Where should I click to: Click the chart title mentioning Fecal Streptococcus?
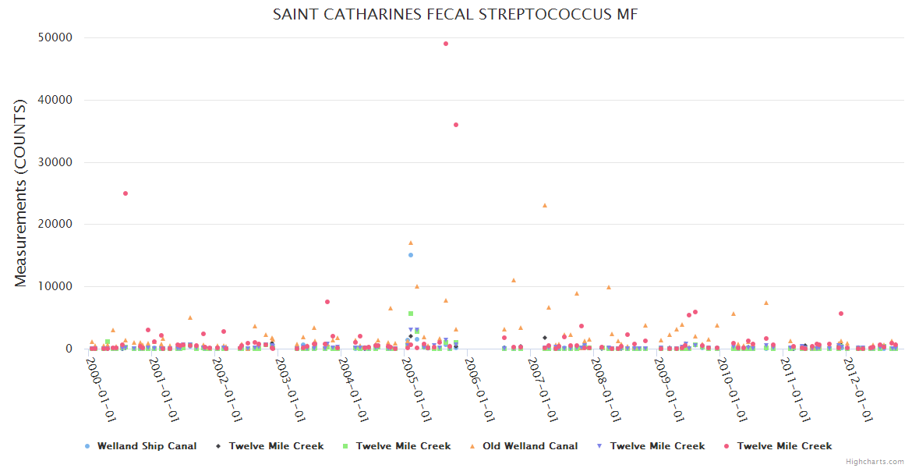(455, 15)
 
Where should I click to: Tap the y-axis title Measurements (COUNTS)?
(21, 193)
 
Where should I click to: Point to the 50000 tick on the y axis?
(55, 37)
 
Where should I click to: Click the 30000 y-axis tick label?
(55, 162)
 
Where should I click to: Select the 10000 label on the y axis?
(55, 286)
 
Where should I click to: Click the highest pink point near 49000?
(446, 44)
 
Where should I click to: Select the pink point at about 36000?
(456, 125)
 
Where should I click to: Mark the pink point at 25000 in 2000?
(125, 193)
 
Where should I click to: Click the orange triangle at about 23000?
(545, 205)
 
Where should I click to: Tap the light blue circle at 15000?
(411, 255)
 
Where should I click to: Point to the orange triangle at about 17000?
(411, 243)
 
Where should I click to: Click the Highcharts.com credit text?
(875, 462)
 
